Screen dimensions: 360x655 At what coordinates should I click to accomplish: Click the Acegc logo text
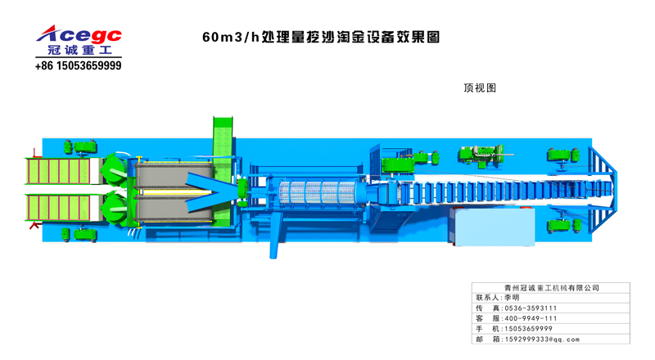coord(79,34)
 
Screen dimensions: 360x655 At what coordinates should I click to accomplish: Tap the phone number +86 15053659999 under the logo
coord(79,65)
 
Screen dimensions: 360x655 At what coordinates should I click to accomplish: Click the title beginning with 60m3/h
coord(321,38)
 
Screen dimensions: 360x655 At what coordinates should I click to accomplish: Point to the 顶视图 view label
coord(480,88)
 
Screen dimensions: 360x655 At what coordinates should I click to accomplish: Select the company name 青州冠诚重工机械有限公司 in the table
coord(551,288)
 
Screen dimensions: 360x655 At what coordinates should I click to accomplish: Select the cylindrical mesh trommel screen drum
coord(319,194)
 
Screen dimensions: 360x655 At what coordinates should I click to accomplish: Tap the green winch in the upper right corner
coord(565,155)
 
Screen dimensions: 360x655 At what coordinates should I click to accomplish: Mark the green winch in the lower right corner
coord(565,223)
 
